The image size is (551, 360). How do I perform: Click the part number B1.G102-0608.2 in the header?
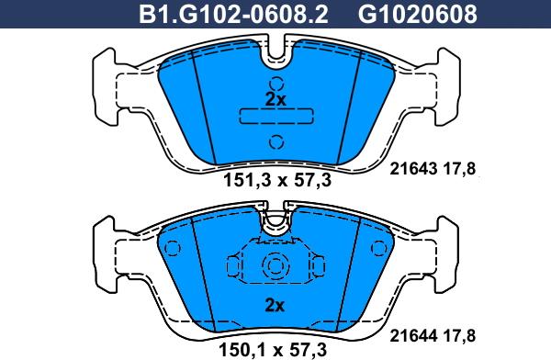coord(233,15)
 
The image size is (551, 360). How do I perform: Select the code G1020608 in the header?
coord(418,15)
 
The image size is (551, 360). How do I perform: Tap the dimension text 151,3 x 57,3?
coord(277,181)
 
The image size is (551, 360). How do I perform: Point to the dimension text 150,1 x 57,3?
coord(273,350)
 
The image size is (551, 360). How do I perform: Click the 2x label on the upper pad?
coord(275,100)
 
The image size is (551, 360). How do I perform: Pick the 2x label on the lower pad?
coord(275,306)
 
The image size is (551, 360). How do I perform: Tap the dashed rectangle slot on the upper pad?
coord(276,116)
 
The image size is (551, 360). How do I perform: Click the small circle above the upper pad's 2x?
coord(276,84)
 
